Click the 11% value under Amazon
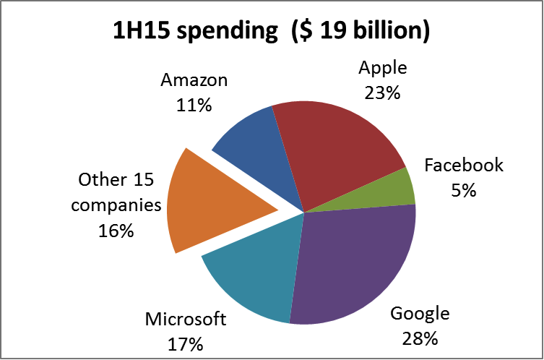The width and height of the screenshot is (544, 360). coord(194,106)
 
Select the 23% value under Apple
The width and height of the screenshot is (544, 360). coord(383,93)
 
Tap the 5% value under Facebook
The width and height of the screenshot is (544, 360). coord(464,191)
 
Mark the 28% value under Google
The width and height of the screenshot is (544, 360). coord(420,338)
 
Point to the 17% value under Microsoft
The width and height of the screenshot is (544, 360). coord(186,345)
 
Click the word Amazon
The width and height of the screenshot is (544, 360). coord(194,80)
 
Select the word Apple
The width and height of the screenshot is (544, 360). coord(383,69)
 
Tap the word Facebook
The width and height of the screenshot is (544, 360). coord(464,166)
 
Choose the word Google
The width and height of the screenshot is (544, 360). coord(420,314)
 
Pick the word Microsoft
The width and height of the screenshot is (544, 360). coord(186,320)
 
